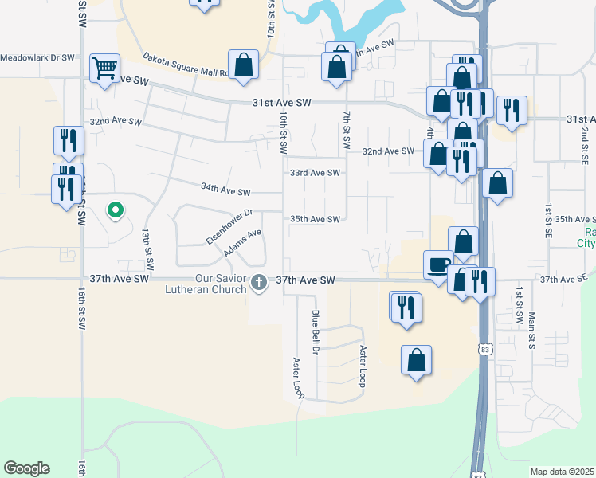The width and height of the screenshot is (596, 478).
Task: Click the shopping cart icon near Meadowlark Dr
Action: tap(105, 68)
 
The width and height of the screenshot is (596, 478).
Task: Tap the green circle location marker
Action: tap(116, 211)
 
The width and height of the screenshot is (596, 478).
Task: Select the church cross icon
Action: tap(259, 281)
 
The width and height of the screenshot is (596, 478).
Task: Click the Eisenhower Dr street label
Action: tap(229, 226)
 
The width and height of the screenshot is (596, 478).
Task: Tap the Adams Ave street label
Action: tap(243, 244)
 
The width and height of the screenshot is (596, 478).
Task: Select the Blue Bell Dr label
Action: tap(316, 332)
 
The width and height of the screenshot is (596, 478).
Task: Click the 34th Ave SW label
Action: tap(225, 190)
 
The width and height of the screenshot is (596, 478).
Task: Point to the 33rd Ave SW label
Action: tap(315, 173)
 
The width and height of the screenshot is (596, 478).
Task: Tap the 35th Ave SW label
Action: tap(315, 219)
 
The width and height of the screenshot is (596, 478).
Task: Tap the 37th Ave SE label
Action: tap(563, 280)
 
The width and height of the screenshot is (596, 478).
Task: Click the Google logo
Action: tap(26, 468)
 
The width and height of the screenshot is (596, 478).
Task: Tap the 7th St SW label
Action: tap(347, 131)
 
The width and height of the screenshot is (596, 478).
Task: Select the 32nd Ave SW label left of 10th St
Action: tap(116, 123)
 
